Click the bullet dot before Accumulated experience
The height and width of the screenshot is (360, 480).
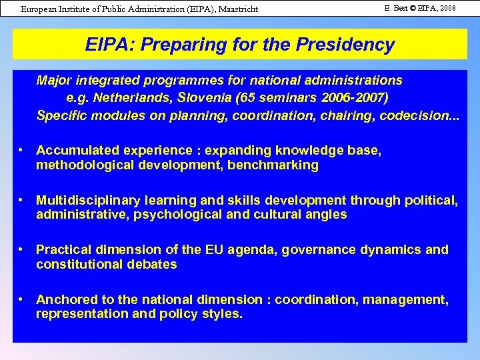[x=22, y=150]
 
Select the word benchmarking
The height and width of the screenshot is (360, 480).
[x=273, y=165]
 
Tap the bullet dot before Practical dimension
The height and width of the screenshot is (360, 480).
[x=22, y=249]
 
